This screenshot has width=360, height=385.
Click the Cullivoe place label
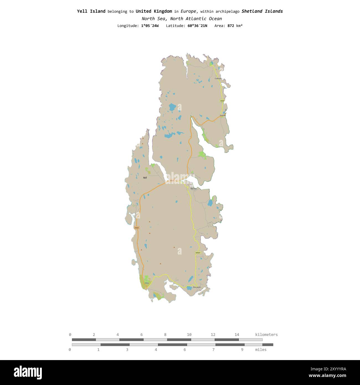[x=218, y=79]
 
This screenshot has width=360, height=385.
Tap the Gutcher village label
[x=223, y=115]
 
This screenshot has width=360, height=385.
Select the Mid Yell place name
[x=193, y=189]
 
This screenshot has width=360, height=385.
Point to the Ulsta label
[x=146, y=283]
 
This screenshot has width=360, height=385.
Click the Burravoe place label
[x=197, y=287]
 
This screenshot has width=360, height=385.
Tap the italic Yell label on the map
[x=145, y=178]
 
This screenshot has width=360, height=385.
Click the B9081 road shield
[x=198, y=253]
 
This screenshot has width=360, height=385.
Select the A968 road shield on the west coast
[x=137, y=228]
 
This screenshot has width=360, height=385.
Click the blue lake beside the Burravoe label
[x=189, y=288]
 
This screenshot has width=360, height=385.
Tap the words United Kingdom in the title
[x=154, y=11]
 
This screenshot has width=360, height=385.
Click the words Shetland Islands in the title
[x=262, y=11]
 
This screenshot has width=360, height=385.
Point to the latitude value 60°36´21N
[x=195, y=26]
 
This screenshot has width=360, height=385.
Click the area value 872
[x=231, y=26]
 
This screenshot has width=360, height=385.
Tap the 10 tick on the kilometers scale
[x=189, y=335]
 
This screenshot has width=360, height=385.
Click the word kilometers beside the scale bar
[x=266, y=335]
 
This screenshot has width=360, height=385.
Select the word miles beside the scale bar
[x=261, y=350]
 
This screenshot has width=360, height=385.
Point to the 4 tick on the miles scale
[x=156, y=350]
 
